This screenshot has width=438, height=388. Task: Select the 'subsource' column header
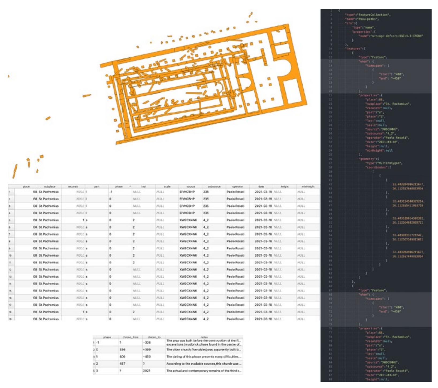point(214,186)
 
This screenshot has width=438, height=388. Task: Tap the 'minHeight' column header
point(308,186)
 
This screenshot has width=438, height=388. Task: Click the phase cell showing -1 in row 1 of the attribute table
point(111,192)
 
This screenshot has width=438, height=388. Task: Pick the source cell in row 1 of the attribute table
point(187,192)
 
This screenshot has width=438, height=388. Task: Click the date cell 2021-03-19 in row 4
point(261,213)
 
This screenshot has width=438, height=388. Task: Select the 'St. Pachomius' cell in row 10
point(49,255)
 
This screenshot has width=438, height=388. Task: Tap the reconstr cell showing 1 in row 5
point(83,220)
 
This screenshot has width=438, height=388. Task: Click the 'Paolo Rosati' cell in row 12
point(235,269)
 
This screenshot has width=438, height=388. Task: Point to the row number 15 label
point(10,291)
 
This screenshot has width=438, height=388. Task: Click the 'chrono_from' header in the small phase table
point(130,337)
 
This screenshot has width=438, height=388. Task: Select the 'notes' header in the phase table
point(204,337)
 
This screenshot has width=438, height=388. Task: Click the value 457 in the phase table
point(122,364)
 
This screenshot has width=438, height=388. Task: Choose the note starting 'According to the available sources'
point(204,364)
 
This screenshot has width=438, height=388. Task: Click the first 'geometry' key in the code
point(367,159)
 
